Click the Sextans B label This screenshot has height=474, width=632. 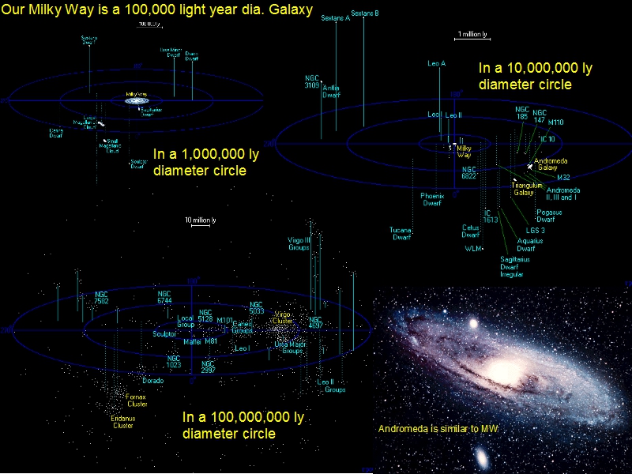click(364, 13)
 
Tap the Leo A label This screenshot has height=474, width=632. click(437, 63)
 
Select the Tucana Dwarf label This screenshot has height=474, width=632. click(401, 234)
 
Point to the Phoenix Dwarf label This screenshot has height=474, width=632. click(431, 199)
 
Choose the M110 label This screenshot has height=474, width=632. click(556, 122)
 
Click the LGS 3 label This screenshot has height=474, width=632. click(535, 230)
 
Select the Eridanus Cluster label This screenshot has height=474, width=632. click(122, 422)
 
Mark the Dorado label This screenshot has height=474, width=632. click(152, 381)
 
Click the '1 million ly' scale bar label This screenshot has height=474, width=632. click(472, 35)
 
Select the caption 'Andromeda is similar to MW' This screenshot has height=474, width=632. click(439, 429)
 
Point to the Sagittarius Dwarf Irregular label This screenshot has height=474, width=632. click(515, 267)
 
